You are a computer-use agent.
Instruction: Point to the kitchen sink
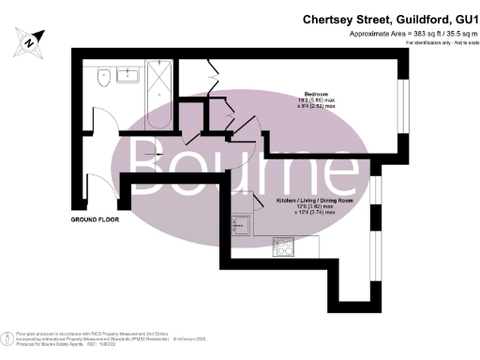(x=241, y=224)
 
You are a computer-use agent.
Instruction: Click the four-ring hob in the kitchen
(x=283, y=247)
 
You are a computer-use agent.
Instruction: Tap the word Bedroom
(x=315, y=94)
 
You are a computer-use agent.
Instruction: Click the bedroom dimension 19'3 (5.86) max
(x=316, y=100)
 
